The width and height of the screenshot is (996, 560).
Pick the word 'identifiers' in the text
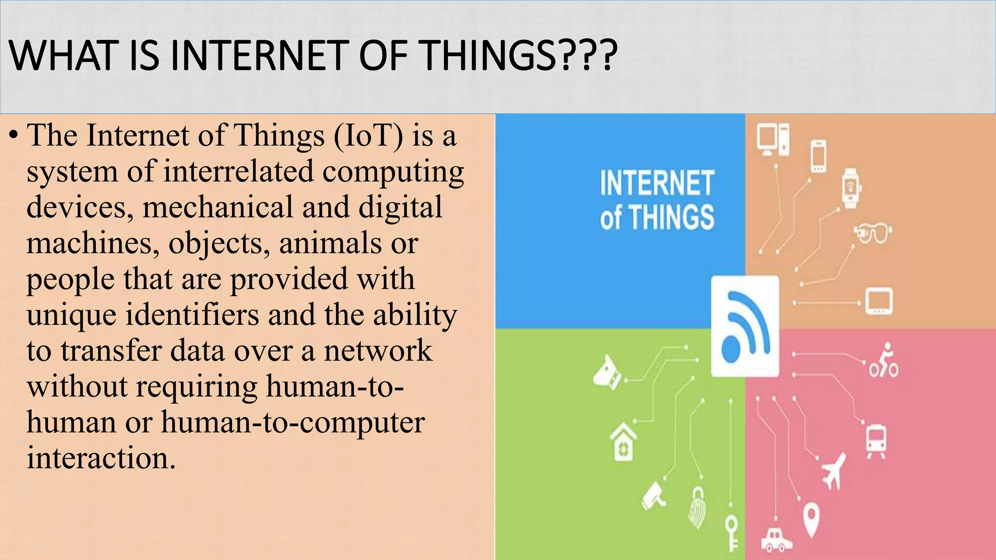(x=193, y=315)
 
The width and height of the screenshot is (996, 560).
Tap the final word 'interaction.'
(x=101, y=458)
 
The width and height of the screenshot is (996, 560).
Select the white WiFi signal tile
(x=745, y=326)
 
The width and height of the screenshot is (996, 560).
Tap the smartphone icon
(x=818, y=156)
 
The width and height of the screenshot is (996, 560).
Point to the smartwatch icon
(x=850, y=188)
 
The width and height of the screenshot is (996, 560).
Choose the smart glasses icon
(x=872, y=233)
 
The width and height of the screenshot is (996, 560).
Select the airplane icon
(x=834, y=470)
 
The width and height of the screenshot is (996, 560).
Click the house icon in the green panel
(x=623, y=442)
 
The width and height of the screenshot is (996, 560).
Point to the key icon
(x=731, y=533)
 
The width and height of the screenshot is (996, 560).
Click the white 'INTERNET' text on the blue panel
(x=657, y=183)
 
